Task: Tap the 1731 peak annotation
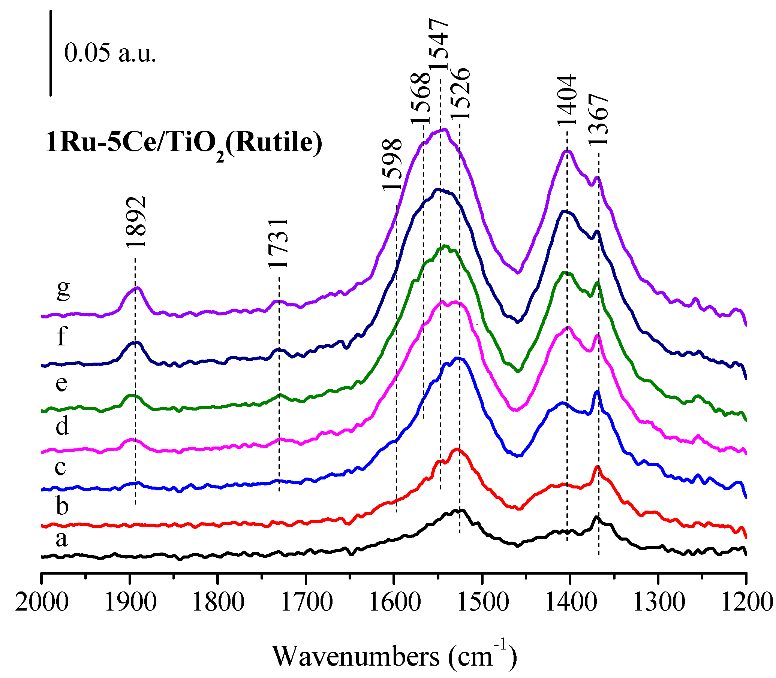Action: click(279, 243)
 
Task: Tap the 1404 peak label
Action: click(566, 100)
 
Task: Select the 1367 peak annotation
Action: click(598, 120)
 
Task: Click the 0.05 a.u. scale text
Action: click(110, 53)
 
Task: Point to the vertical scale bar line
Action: click(51, 53)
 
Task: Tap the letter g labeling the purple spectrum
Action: click(63, 290)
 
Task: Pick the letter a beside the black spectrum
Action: click(62, 539)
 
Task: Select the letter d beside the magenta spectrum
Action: click(63, 426)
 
